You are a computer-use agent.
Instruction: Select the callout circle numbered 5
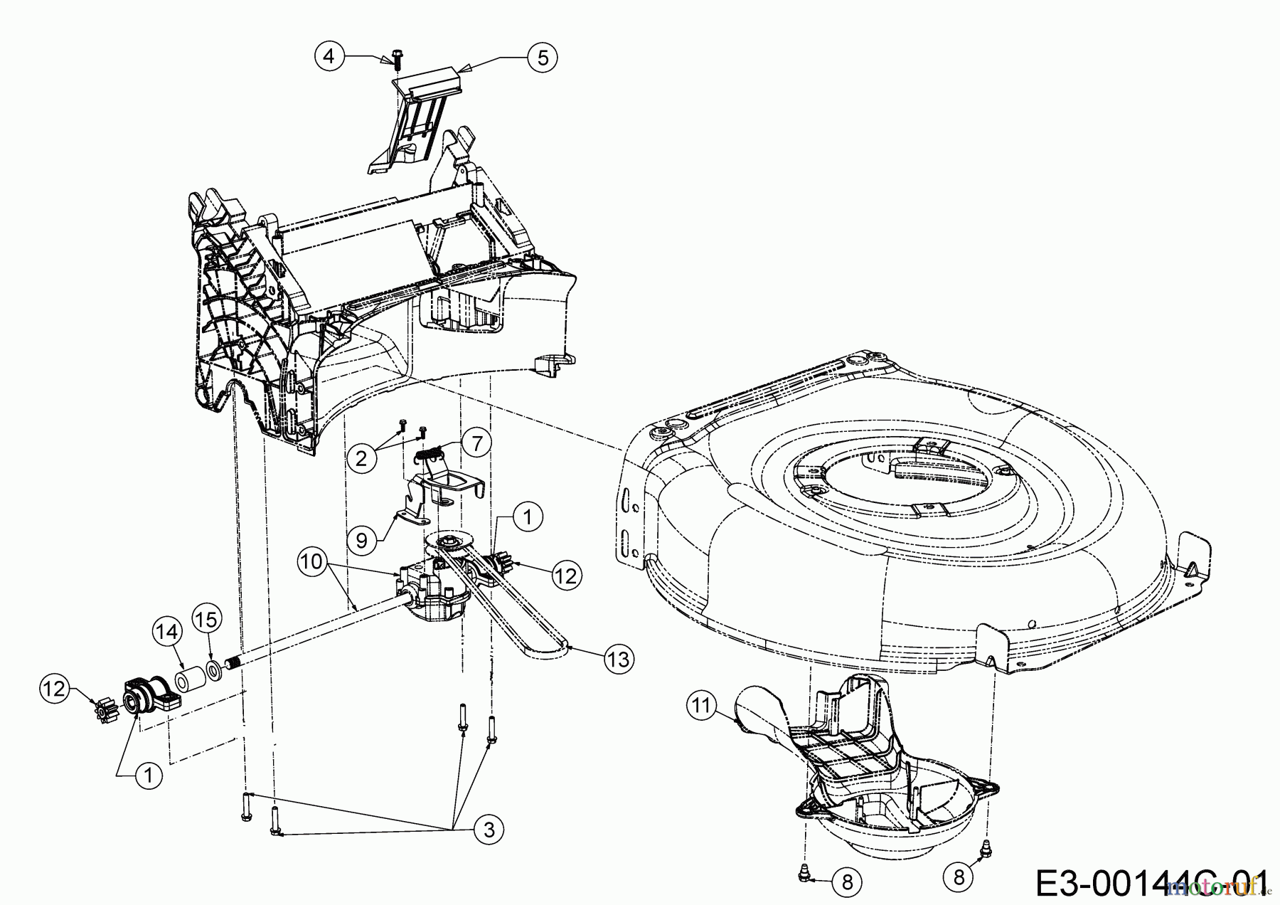(543, 58)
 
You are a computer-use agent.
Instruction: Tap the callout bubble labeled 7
(476, 443)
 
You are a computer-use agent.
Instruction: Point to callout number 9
(361, 541)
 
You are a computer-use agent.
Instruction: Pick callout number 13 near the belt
(618, 660)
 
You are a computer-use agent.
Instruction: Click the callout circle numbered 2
(362, 457)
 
